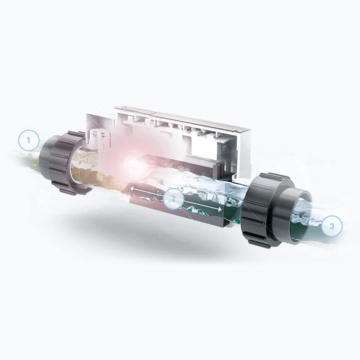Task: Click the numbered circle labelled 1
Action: [29, 140]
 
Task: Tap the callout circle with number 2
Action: [173, 199]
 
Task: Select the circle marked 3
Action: [332, 226]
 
